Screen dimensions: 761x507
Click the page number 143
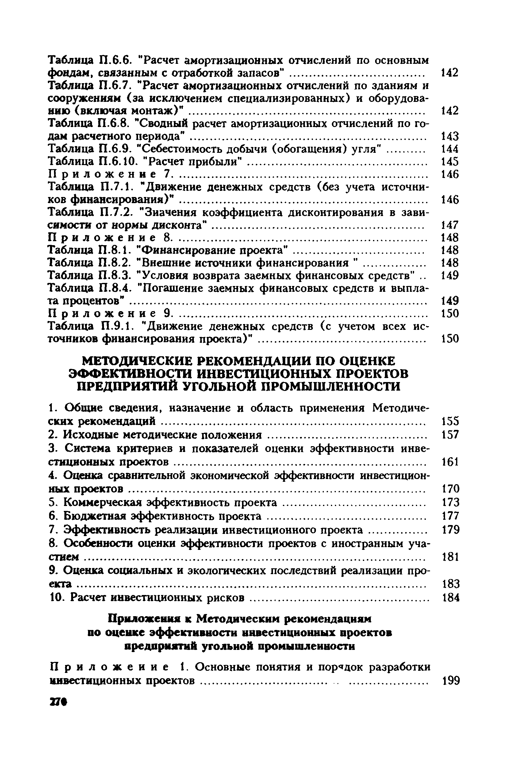coord(450,136)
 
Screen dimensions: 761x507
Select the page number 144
coord(450,149)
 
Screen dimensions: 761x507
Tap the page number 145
coord(450,161)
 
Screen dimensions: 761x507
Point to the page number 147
coord(450,225)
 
